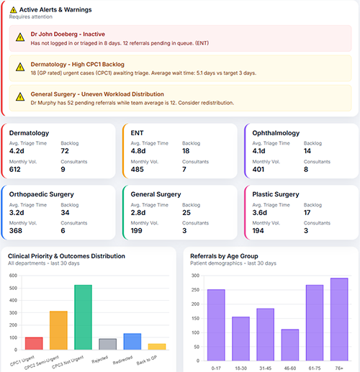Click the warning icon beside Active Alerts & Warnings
click(14, 10)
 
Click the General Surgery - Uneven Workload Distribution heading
click(97, 94)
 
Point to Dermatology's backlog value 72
click(66, 151)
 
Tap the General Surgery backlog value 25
click(186, 212)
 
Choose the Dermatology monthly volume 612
click(17, 170)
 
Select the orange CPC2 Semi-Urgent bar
click(58, 330)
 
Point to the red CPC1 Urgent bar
click(34, 343)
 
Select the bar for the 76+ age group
click(339, 319)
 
